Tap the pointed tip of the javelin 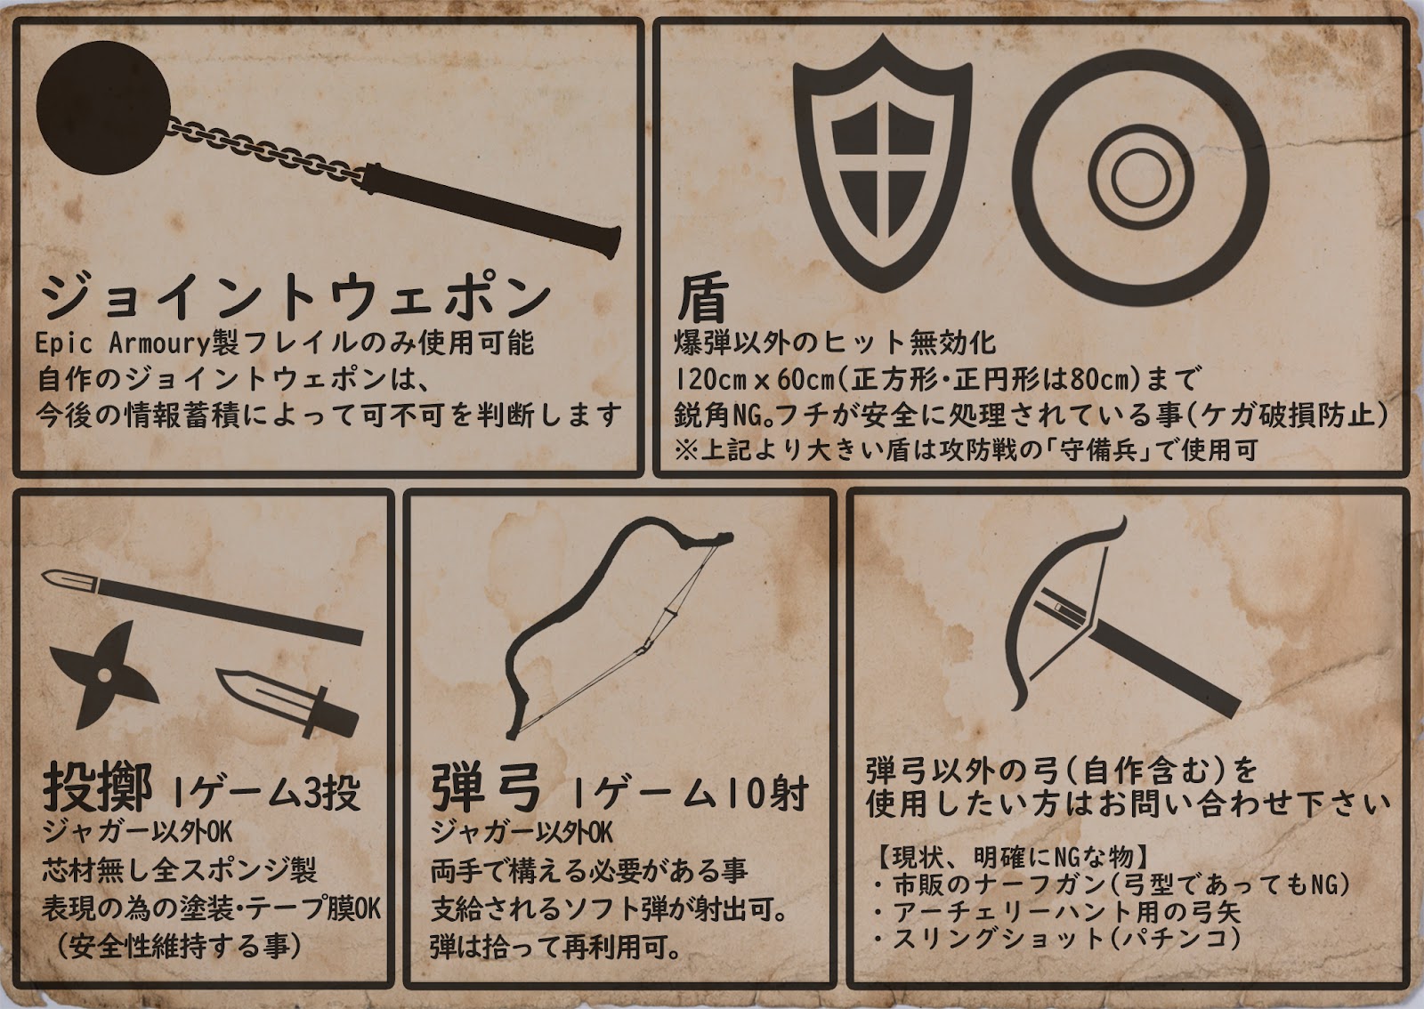tap(44, 575)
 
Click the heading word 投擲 tap(97, 788)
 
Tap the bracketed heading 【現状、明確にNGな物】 tap(1013, 858)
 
